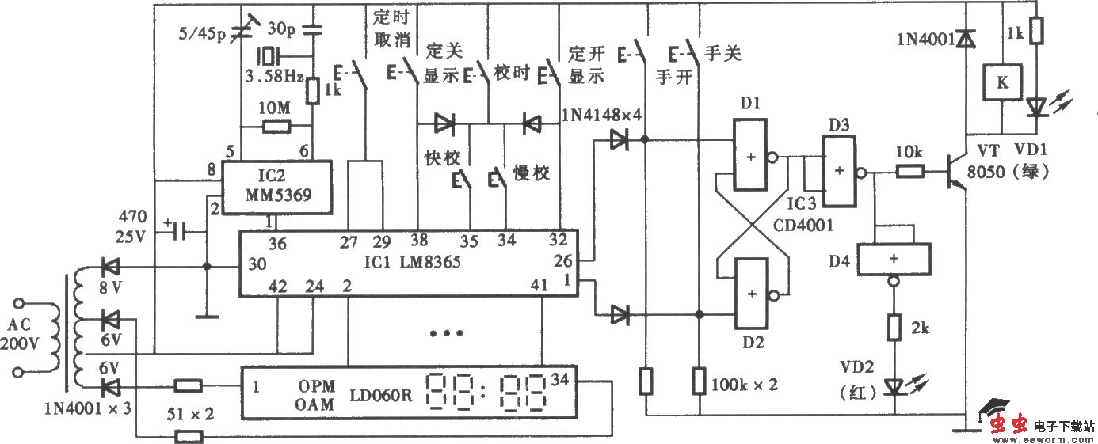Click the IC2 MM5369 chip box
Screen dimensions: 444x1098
point(275,188)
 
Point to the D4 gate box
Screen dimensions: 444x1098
point(894,258)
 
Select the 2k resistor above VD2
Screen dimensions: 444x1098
point(894,327)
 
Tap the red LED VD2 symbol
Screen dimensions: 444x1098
point(894,386)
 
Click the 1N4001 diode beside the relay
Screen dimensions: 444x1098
point(965,37)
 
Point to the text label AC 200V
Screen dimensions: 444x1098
point(30,335)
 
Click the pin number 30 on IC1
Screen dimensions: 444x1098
point(257,263)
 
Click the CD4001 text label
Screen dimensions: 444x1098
point(805,225)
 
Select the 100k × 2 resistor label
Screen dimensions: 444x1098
point(746,384)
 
